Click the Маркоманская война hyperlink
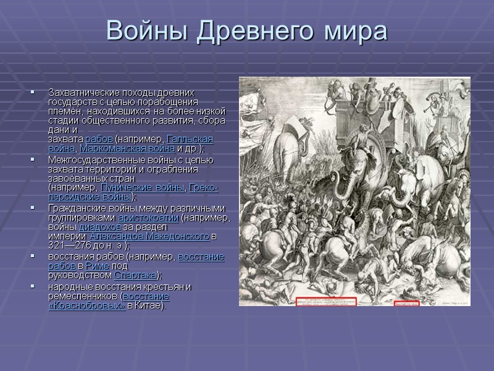[x=134, y=149]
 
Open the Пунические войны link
[x=142, y=187]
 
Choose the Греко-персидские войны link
[x=204, y=187]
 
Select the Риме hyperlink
[x=99, y=266]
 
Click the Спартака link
[x=135, y=275]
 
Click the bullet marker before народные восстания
[x=32, y=286]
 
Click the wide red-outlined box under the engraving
[x=325, y=301]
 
